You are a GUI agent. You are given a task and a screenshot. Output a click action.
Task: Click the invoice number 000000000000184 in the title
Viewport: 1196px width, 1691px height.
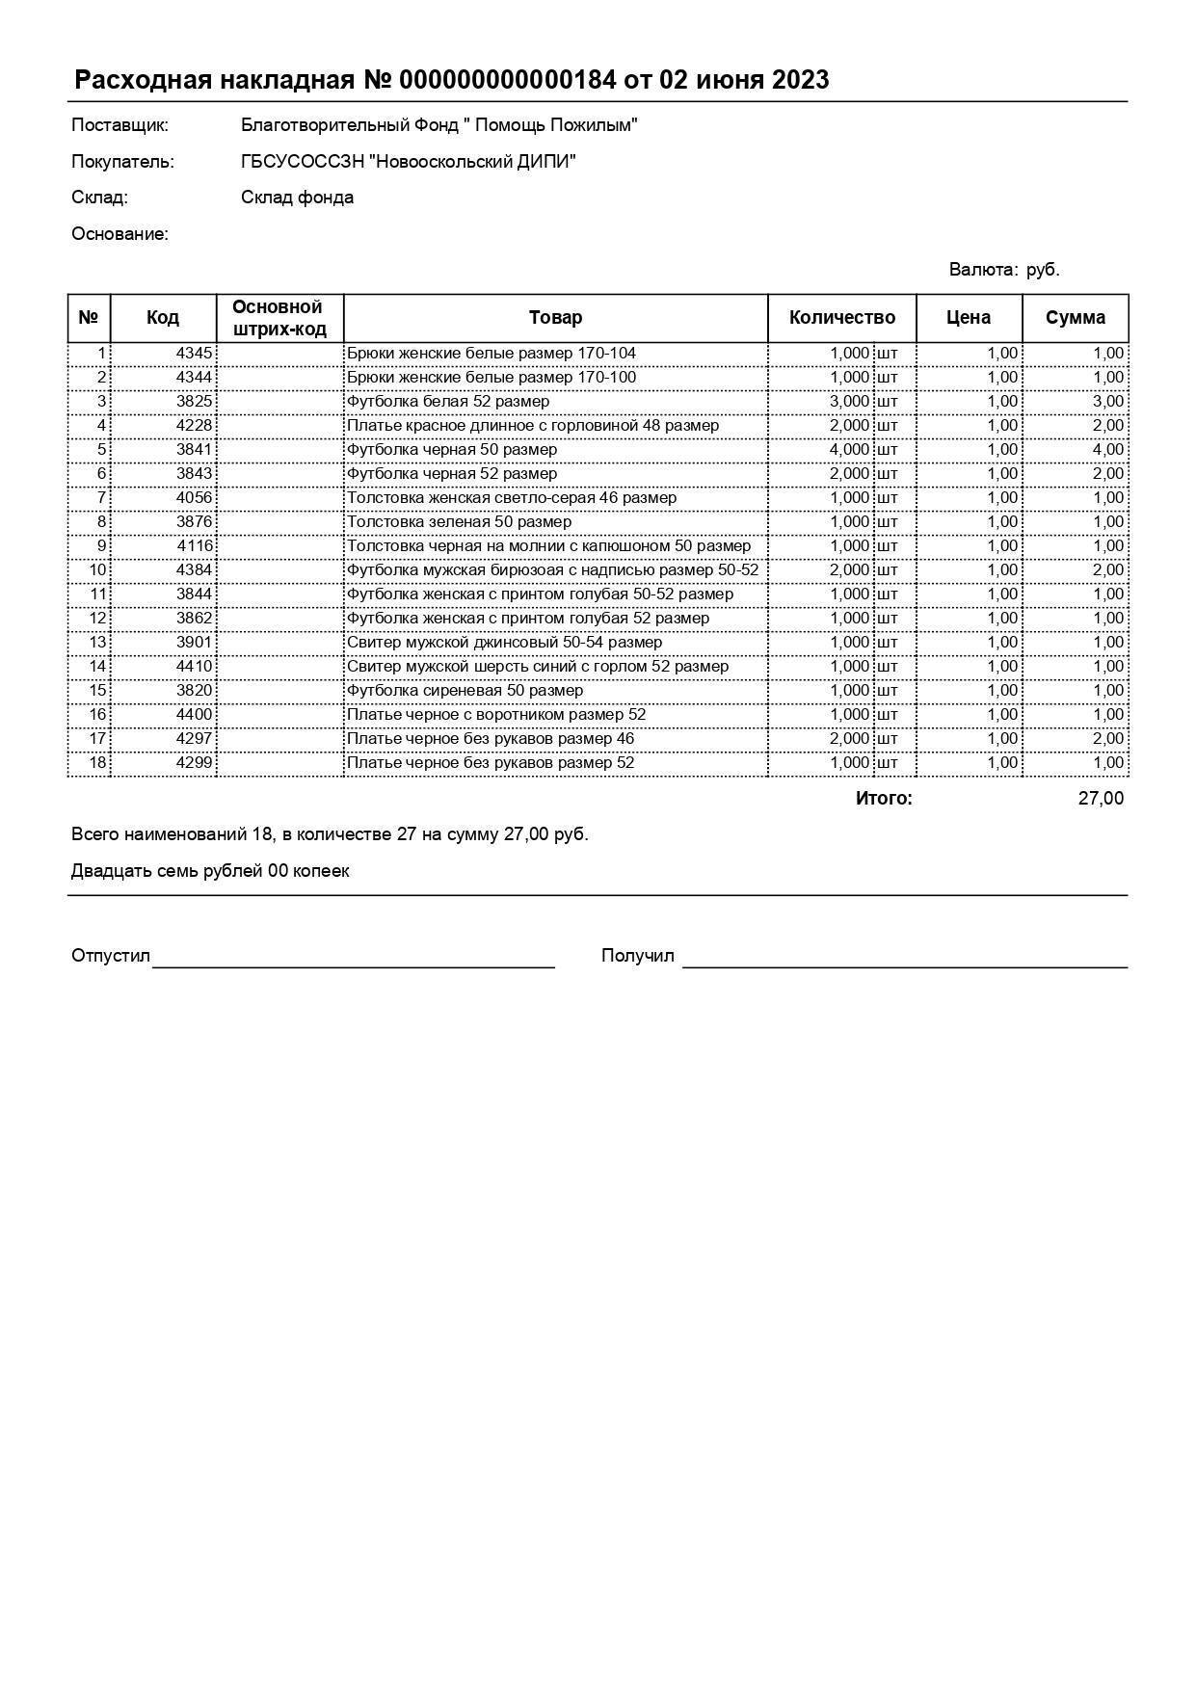pyautogui.click(x=507, y=80)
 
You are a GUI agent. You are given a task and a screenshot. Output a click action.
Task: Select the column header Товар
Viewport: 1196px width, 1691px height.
pyautogui.click(x=555, y=318)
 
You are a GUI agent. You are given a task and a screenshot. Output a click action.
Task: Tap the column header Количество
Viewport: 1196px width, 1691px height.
pyautogui.click(x=841, y=318)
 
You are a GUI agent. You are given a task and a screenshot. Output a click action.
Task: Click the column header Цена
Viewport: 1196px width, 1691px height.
pyautogui.click(x=968, y=318)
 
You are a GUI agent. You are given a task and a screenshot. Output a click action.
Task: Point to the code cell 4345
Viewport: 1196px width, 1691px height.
pyautogui.click(x=194, y=354)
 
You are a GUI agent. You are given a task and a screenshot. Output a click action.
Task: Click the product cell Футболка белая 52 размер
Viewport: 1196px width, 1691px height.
pyautogui.click(x=448, y=402)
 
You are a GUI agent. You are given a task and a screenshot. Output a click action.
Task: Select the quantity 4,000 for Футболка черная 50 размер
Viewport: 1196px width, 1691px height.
pyautogui.click(x=849, y=450)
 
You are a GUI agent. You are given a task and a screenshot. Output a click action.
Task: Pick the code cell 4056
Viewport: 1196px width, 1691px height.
pyautogui.click(x=194, y=498)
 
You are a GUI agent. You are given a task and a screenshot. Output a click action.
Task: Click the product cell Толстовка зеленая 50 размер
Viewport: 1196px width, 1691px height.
pyautogui.click(x=459, y=522)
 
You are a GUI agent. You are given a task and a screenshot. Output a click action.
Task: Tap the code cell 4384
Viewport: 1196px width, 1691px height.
pyautogui.click(x=194, y=570)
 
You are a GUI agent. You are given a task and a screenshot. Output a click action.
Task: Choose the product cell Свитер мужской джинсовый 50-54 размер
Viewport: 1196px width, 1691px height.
pyautogui.click(x=504, y=643)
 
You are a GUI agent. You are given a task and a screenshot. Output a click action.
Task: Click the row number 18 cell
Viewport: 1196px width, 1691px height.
pyautogui.click(x=97, y=763)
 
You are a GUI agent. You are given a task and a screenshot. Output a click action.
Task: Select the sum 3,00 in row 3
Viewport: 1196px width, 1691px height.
pyautogui.click(x=1107, y=402)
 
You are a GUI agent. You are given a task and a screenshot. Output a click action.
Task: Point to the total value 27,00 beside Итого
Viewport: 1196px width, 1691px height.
pyautogui.click(x=1100, y=799)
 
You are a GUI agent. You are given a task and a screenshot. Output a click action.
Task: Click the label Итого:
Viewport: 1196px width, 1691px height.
pyautogui.click(x=883, y=799)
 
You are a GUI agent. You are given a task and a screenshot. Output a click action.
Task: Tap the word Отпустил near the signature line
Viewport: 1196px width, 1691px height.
pyautogui.click(x=111, y=956)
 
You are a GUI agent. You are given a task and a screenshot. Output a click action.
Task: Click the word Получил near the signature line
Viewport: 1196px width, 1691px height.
pyautogui.click(x=637, y=956)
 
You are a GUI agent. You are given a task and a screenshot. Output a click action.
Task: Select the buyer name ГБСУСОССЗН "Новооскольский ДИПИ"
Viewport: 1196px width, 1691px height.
pyautogui.click(x=408, y=162)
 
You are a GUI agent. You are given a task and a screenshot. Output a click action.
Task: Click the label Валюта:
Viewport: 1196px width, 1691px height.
pyautogui.click(x=983, y=270)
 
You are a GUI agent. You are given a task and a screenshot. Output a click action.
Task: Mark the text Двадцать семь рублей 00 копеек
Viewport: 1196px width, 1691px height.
pyautogui.click(x=210, y=871)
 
